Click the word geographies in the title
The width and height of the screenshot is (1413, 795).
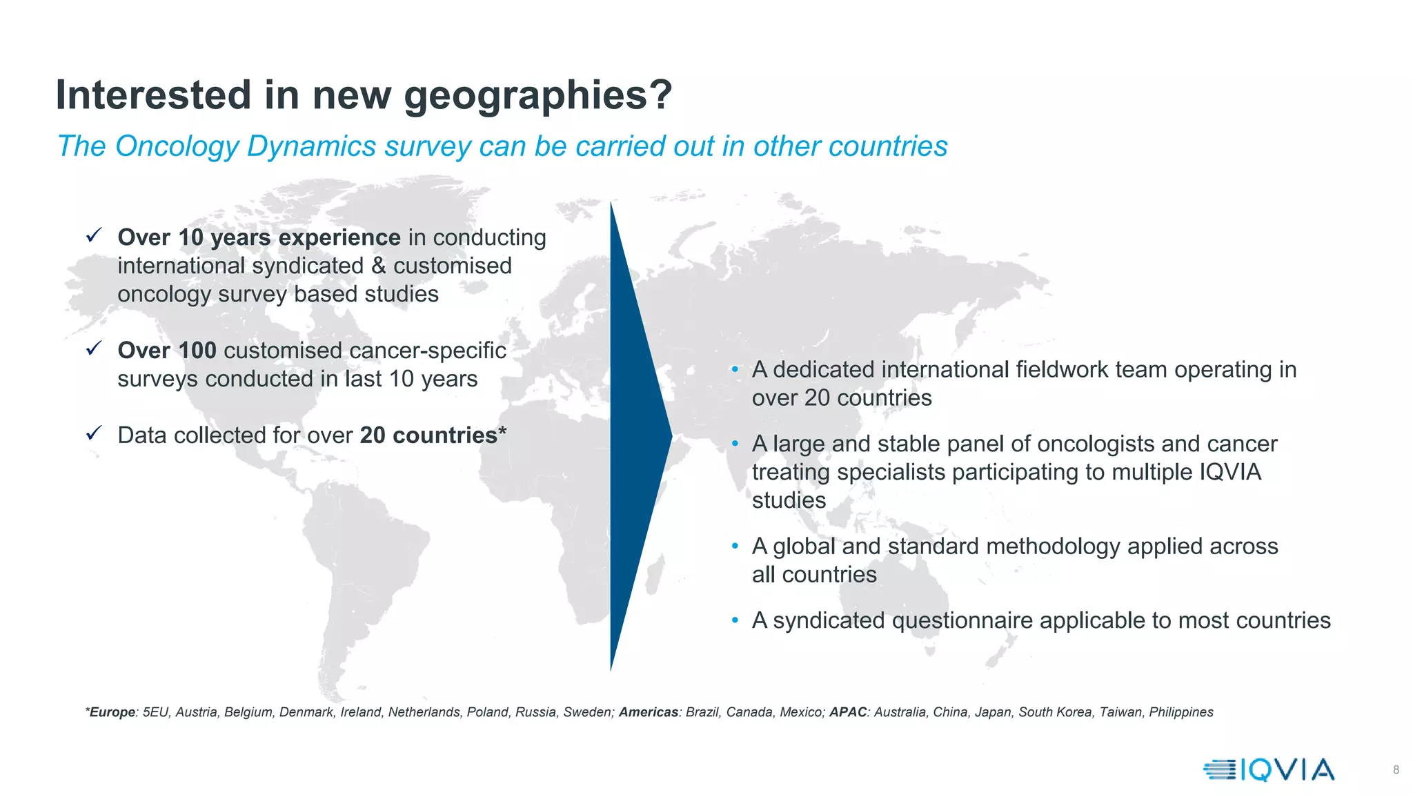(537, 95)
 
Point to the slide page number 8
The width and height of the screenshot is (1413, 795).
(1396, 769)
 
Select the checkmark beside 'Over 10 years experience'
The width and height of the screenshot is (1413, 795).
(94, 235)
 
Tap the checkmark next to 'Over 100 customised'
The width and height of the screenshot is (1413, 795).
(94, 349)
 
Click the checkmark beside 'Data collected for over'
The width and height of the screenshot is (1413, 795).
(94, 433)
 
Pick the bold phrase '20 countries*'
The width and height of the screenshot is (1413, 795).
(433, 435)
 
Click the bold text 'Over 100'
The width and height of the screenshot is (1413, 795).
(167, 351)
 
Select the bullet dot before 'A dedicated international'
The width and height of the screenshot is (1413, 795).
(735, 370)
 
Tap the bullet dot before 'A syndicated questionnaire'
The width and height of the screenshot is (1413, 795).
(735, 620)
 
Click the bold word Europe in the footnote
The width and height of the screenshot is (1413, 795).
(112, 712)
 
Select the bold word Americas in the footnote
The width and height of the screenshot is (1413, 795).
(649, 712)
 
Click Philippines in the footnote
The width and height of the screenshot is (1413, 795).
(1180, 712)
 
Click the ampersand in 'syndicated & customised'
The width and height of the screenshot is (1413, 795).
(378, 266)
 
